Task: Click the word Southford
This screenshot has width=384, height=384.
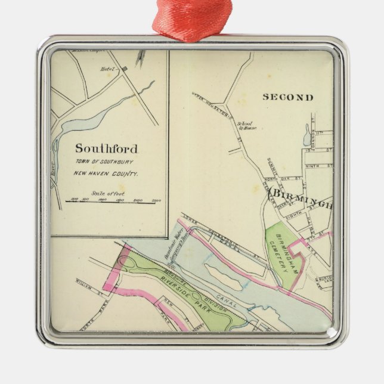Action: coord(106,148)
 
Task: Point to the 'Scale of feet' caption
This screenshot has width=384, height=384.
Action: coord(106,193)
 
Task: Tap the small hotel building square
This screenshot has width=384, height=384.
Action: coord(125,69)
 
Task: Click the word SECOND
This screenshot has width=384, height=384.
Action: coord(288,97)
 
